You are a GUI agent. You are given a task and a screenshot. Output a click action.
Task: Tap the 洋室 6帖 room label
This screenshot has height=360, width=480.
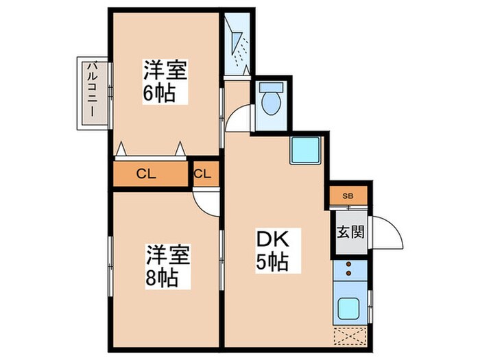pyautogui.click(x=165, y=81)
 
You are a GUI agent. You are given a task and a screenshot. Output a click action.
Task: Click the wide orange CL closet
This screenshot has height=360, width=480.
pyautogui.click(x=151, y=173)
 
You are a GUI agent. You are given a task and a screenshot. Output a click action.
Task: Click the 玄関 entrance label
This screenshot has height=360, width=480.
pyautogui.click(x=350, y=232)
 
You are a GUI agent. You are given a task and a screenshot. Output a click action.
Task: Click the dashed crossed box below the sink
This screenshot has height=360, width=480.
pyautogui.click(x=350, y=337)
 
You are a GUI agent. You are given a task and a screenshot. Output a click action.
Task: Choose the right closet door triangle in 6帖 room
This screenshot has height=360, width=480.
pyautogui.click(x=180, y=148)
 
